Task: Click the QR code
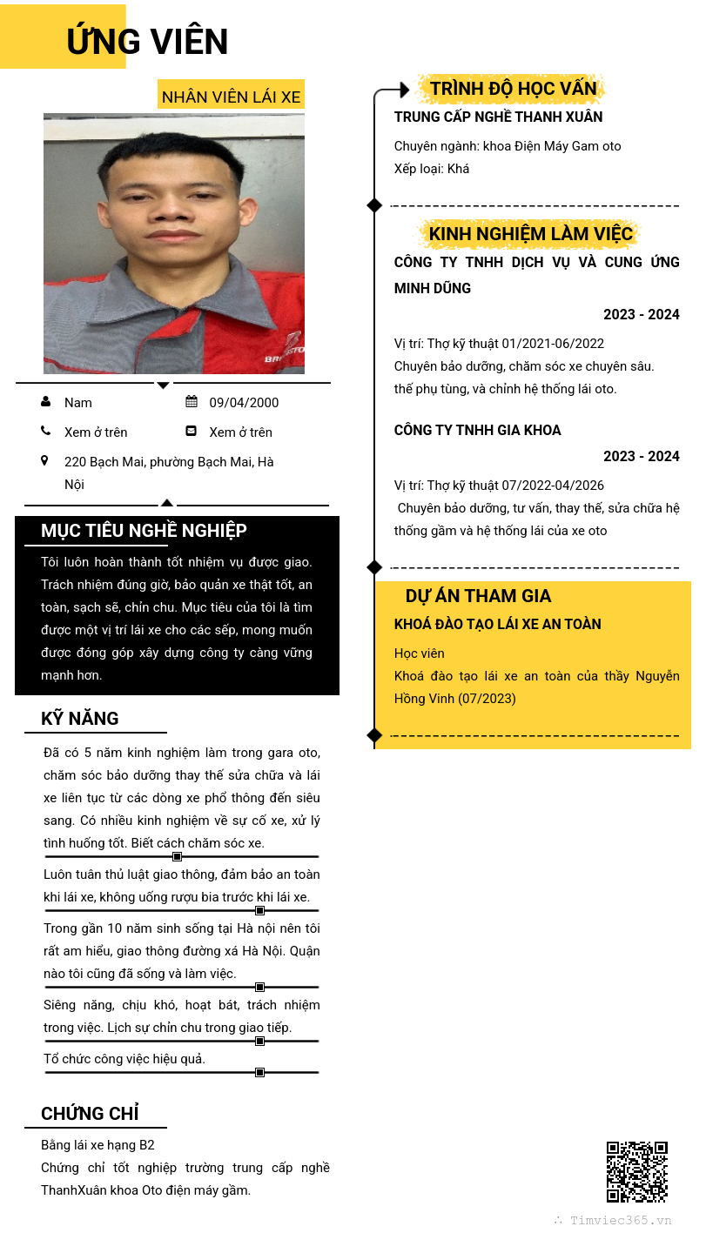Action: (636, 1171)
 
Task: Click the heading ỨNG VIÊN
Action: (147, 42)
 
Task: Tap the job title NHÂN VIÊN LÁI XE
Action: (231, 97)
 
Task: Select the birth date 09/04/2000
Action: (244, 402)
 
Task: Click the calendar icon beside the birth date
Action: (192, 401)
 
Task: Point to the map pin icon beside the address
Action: (45, 460)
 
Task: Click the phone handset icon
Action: (45, 431)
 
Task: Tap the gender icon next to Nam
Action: (45, 401)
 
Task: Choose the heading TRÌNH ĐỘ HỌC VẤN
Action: (513, 89)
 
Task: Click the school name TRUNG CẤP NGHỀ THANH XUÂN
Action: (498, 117)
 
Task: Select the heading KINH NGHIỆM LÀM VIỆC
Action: (531, 234)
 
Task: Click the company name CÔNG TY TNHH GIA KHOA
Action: (477, 430)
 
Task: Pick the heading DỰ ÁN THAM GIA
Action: (478, 596)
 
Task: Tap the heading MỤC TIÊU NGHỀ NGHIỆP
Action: (144, 531)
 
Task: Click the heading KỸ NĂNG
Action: (80, 719)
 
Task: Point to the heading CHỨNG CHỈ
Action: (90, 1114)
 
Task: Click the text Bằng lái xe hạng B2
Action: (97, 1145)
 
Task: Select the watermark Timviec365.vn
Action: (621, 1220)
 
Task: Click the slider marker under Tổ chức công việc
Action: (259, 1072)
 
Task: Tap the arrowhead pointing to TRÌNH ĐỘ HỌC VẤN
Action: (404, 90)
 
